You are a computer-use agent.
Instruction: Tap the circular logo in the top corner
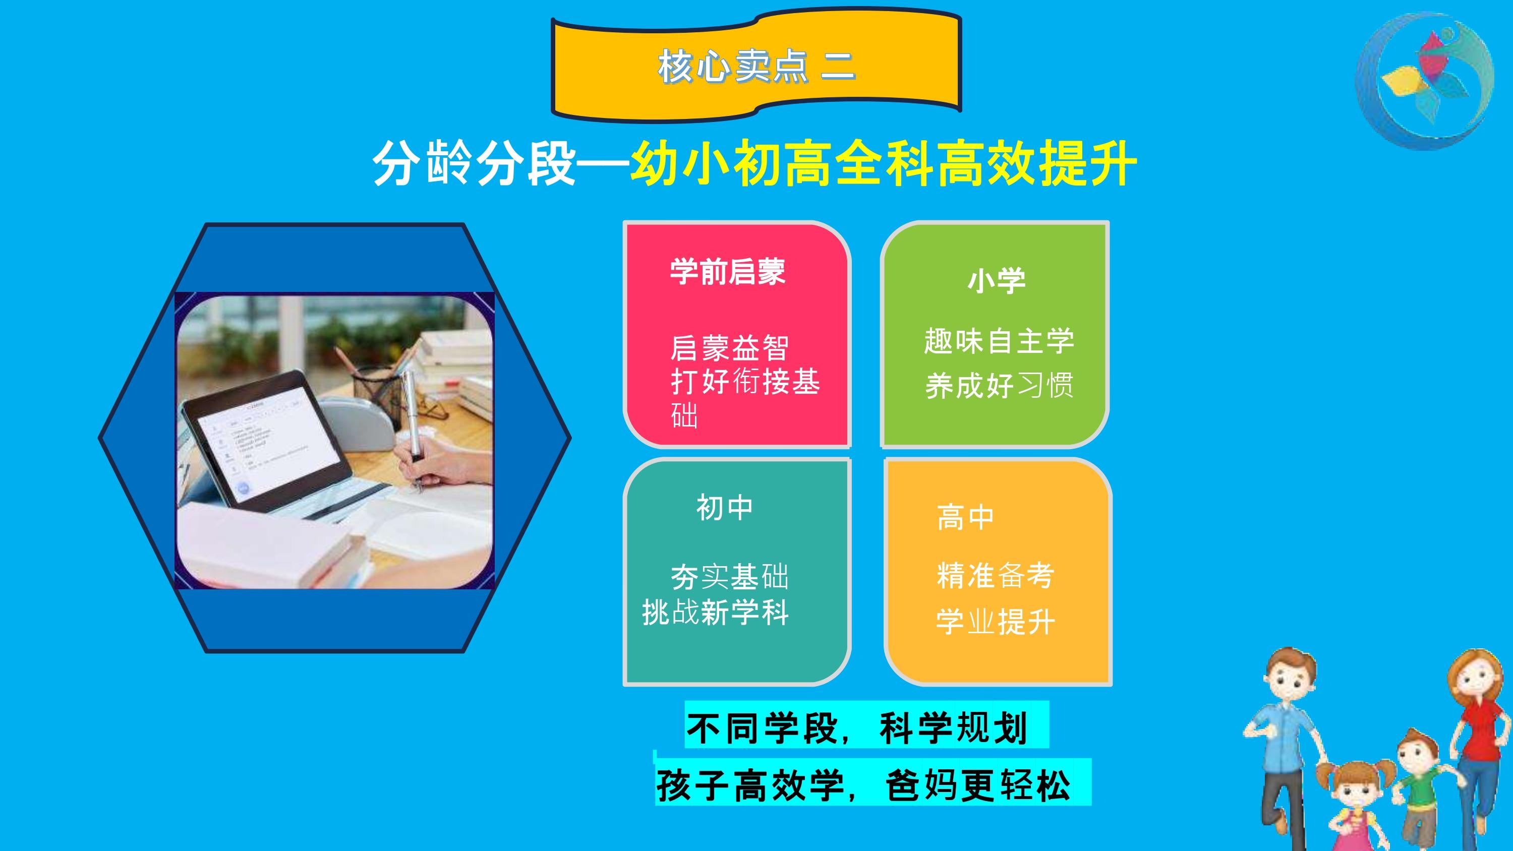click(1424, 81)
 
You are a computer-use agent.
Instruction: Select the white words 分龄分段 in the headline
click(475, 163)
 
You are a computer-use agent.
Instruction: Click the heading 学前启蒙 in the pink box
click(728, 271)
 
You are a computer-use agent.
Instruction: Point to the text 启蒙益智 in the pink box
click(729, 348)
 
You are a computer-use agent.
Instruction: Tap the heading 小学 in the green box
click(997, 280)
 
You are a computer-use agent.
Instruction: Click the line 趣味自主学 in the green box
click(999, 341)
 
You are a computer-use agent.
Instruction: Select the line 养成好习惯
click(999, 386)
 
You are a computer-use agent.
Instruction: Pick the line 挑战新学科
click(715, 612)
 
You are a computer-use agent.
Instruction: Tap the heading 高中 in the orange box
click(966, 517)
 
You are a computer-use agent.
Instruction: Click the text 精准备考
click(996, 575)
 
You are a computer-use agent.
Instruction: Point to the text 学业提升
click(996, 622)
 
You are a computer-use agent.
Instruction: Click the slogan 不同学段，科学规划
click(857, 728)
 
